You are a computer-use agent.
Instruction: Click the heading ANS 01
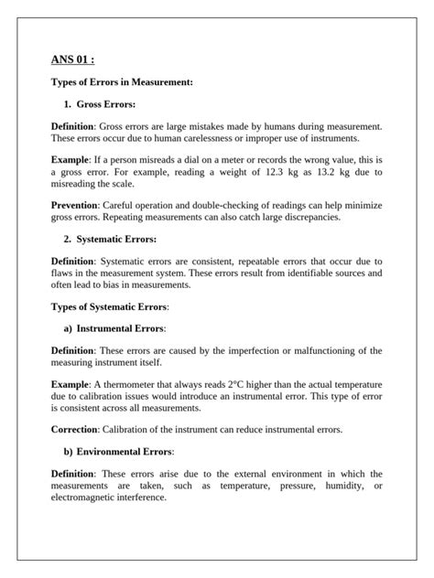pos(73,61)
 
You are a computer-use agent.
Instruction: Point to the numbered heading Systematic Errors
pos(116,239)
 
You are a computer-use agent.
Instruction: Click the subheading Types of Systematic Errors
pos(110,305)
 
